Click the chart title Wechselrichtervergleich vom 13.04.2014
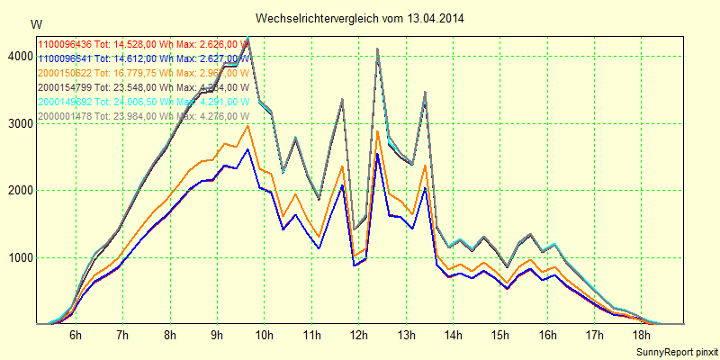360,18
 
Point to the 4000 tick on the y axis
19,56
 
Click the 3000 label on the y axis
19,123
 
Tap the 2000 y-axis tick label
19,191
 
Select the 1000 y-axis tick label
19,258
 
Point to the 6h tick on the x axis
76,336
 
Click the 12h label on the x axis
358,336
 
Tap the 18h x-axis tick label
642,336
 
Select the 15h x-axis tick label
499,336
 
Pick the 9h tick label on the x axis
217,336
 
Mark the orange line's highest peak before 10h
248,126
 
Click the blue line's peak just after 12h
378,154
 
